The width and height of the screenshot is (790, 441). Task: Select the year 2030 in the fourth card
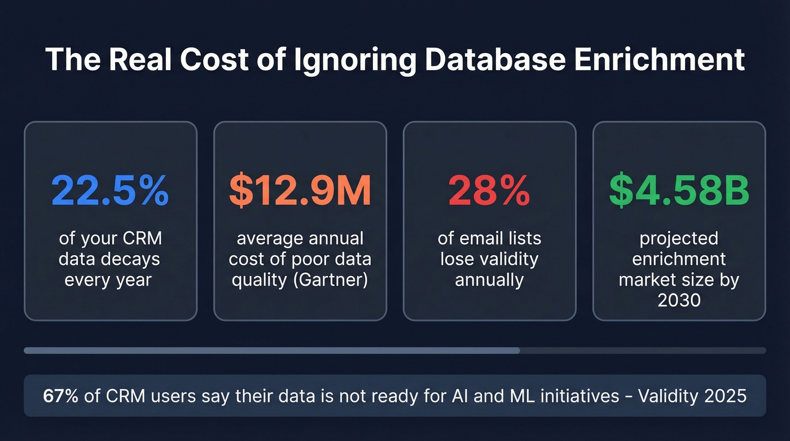click(679, 299)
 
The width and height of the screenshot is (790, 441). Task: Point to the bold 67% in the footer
click(60, 396)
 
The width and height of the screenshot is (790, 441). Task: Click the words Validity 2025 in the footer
click(692, 396)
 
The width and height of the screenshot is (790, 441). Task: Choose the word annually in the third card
click(489, 279)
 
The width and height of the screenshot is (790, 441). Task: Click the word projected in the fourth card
click(679, 238)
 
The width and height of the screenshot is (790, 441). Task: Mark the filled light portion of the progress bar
click(271, 351)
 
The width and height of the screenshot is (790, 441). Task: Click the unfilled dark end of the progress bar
click(643, 351)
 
